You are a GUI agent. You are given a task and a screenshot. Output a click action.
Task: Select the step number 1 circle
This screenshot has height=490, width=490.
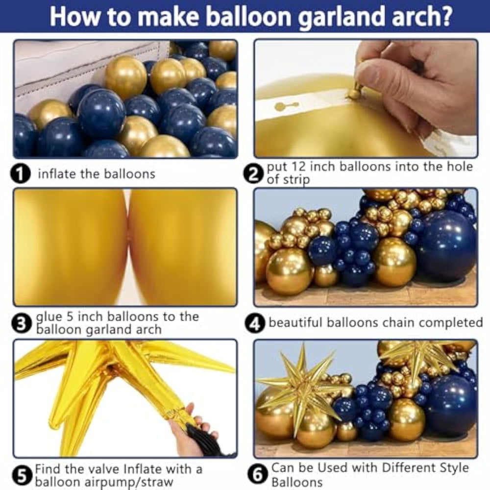pyautogui.click(x=20, y=173)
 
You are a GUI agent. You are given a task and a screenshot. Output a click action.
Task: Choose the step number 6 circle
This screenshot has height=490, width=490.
pyautogui.click(x=257, y=475)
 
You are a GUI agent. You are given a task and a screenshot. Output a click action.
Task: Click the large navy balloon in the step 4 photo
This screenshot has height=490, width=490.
pyautogui.click(x=447, y=246)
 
